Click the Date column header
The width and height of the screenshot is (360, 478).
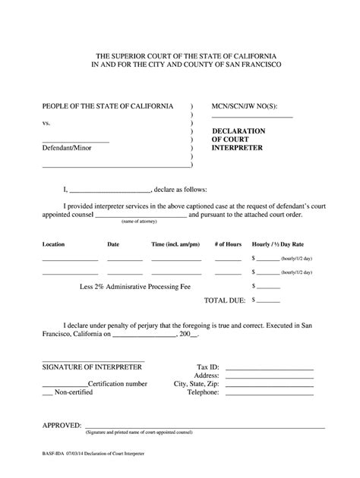click(x=113, y=245)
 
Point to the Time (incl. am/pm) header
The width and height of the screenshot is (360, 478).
click(x=175, y=245)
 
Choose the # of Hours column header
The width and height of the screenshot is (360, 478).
click(x=228, y=245)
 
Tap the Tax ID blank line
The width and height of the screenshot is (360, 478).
click(x=270, y=369)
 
